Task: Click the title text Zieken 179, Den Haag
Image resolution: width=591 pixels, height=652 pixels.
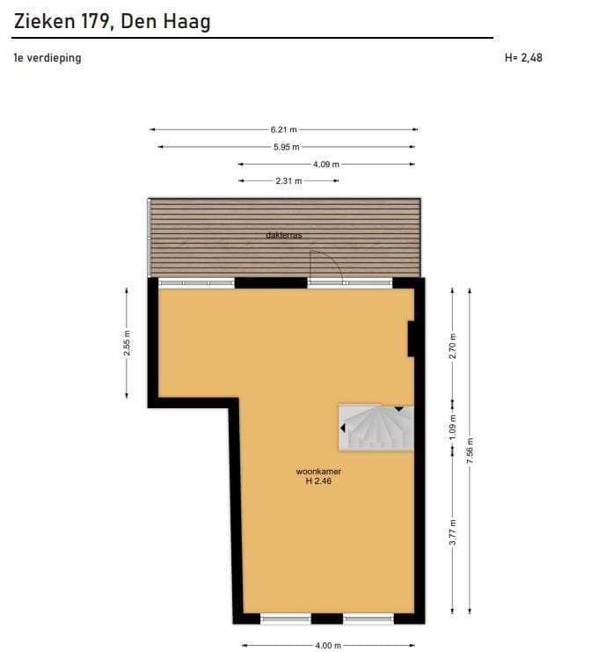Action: click(112, 21)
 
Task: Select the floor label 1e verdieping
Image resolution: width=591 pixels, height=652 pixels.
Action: click(47, 59)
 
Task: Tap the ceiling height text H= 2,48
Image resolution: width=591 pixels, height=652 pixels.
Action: click(523, 59)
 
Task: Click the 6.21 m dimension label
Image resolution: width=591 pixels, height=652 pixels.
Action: click(283, 129)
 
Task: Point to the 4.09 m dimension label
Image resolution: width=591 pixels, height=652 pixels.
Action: click(325, 164)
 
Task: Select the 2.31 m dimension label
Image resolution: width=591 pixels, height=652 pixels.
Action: click(288, 180)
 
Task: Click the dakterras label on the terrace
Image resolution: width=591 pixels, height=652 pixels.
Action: click(284, 235)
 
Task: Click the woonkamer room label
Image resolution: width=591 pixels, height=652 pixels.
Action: click(318, 472)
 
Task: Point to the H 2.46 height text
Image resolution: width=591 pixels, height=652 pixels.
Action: click(318, 481)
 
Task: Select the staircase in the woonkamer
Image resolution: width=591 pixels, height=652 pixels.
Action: click(376, 428)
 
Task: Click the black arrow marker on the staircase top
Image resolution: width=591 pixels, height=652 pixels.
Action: click(399, 409)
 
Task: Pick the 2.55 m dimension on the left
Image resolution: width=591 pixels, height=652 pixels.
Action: click(127, 344)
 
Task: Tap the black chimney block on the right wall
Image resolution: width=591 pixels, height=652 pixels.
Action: click(411, 339)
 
